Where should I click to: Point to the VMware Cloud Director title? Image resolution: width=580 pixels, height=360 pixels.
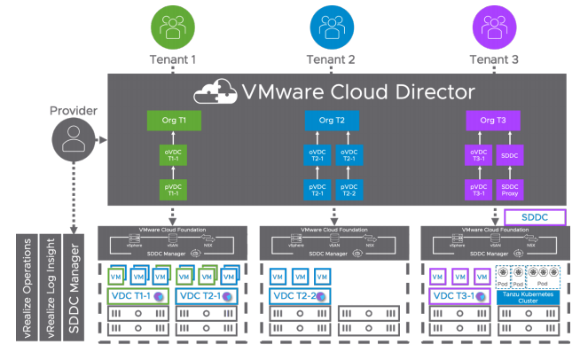(358, 91)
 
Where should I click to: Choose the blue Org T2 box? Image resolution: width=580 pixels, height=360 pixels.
(331, 119)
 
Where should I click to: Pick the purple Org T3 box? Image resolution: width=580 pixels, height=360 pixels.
(492, 119)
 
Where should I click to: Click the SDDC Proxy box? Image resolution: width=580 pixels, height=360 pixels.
(511, 189)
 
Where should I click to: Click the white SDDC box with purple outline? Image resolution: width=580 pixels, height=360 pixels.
(534, 217)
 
